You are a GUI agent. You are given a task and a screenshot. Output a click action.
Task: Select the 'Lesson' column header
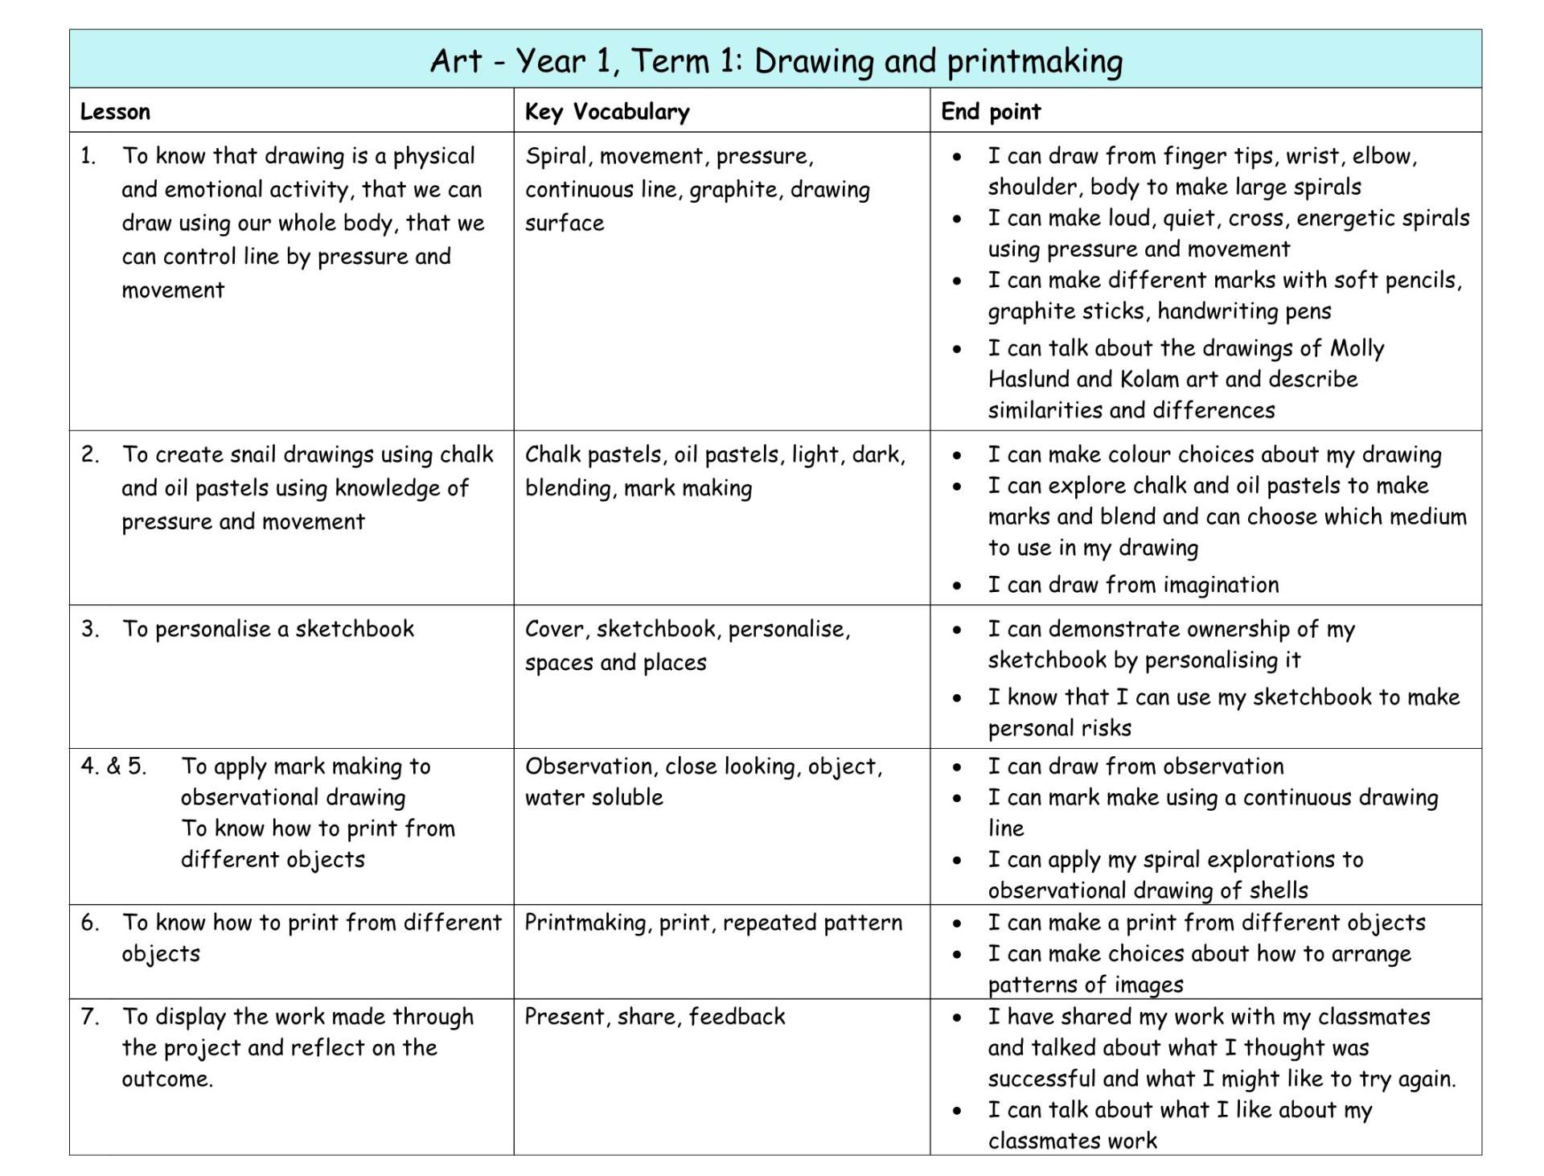[115, 112]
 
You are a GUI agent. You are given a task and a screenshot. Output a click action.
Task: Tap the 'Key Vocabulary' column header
[607, 112]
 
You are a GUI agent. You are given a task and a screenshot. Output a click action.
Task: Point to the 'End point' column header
[991, 112]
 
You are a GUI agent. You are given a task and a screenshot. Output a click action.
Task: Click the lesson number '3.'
[90, 629]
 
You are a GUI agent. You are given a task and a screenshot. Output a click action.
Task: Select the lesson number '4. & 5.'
[113, 767]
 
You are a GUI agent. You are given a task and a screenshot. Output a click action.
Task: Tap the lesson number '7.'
[90, 1017]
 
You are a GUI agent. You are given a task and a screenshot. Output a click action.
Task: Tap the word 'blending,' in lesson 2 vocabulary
[569, 489]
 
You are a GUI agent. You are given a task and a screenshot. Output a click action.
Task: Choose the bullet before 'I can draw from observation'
[956, 768]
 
